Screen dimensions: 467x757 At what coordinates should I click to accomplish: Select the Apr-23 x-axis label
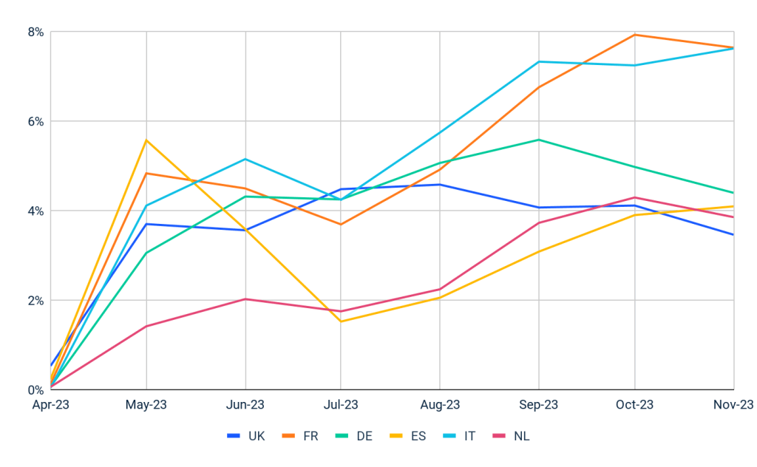(x=50, y=405)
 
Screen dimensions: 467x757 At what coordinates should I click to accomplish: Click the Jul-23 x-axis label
(x=341, y=405)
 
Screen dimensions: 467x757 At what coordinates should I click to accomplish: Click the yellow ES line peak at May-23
(x=146, y=140)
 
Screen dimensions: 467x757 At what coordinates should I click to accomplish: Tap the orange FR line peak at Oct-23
(x=635, y=35)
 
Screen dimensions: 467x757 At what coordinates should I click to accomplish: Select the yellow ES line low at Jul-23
(x=341, y=321)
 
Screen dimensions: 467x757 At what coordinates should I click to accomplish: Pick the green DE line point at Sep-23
(x=538, y=140)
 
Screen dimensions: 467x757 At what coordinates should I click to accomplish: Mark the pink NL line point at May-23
(x=146, y=326)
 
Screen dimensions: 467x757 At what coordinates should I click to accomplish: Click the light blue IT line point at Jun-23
(x=245, y=159)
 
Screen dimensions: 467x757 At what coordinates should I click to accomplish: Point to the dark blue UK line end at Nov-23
(x=733, y=235)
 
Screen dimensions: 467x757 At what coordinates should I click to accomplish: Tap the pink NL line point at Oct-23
(x=635, y=197)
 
